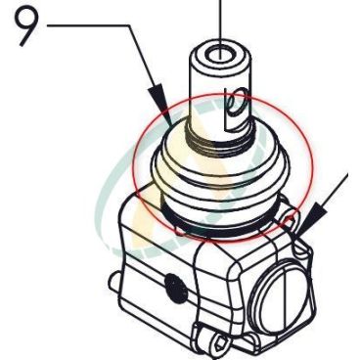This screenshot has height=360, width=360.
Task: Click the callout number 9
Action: (26, 26)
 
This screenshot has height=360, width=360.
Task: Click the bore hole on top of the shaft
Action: (220, 55)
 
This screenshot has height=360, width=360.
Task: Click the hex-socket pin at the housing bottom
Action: (218, 343)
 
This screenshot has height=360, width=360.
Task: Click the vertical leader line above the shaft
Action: (220, 28)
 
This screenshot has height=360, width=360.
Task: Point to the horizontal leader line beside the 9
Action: (89, 25)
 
